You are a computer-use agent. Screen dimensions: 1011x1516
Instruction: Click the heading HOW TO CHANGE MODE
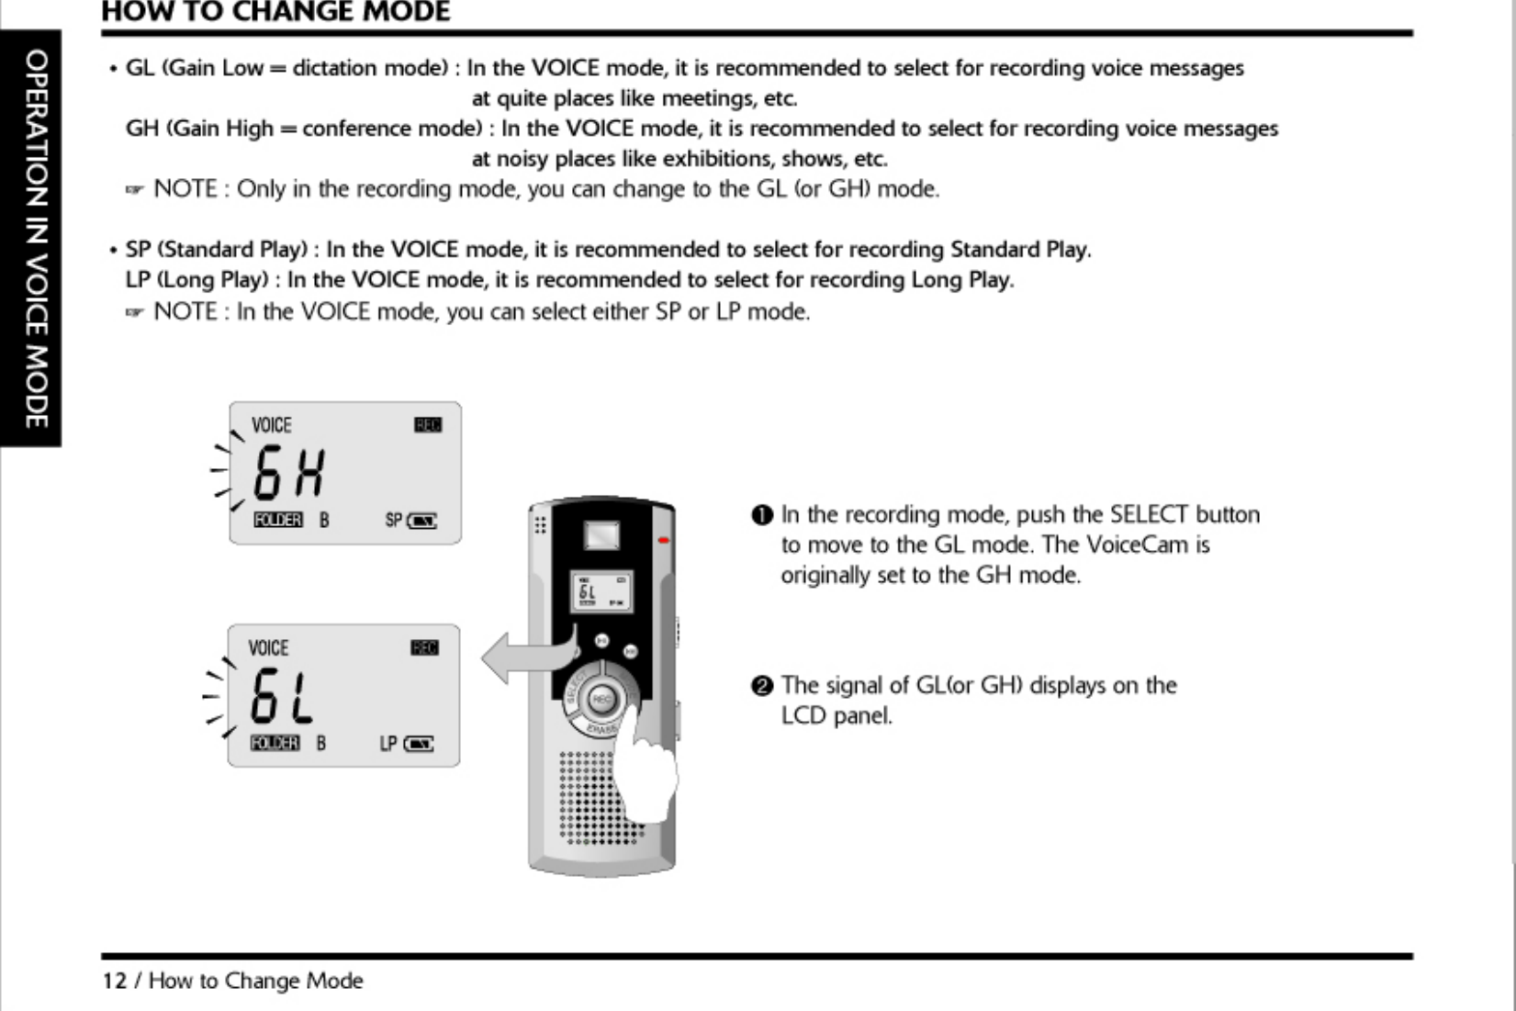(275, 12)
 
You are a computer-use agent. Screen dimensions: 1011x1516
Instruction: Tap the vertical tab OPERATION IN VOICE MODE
(35, 239)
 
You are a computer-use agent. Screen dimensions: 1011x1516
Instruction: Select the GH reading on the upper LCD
(289, 473)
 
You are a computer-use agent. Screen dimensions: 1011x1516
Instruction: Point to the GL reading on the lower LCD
(282, 696)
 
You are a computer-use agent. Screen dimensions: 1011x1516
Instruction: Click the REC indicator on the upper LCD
(428, 424)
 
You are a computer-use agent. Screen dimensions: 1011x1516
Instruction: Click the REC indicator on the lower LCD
(424, 648)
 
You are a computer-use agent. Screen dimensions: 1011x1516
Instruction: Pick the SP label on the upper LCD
(394, 521)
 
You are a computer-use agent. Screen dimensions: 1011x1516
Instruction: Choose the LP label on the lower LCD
(388, 744)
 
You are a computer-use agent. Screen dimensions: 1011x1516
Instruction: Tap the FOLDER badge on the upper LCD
(277, 521)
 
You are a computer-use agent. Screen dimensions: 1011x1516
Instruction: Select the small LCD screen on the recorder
(601, 592)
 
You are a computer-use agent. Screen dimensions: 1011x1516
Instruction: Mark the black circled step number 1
(762, 515)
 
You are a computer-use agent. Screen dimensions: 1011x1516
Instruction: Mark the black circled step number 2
(762, 686)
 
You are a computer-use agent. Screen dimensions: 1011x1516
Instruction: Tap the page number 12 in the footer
(114, 981)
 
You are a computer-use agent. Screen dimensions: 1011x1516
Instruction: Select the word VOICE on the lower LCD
(268, 648)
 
